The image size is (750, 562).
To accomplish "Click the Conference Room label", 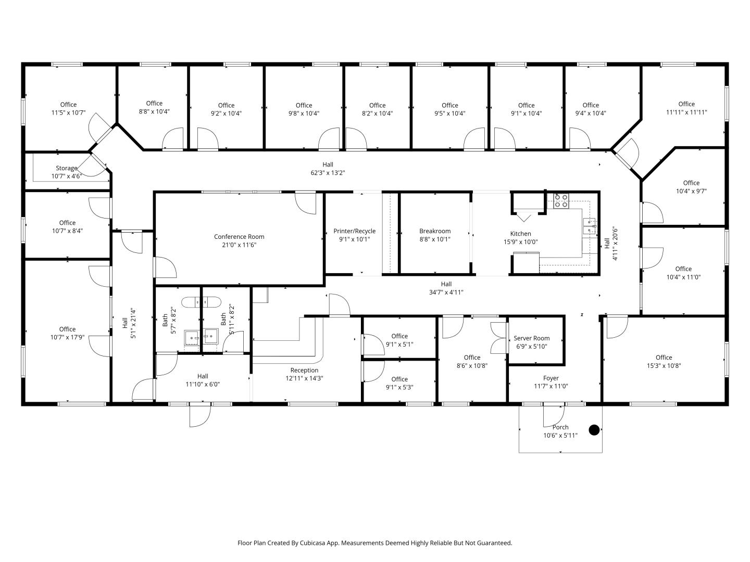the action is click(239, 236).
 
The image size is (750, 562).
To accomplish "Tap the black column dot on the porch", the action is click(594, 430).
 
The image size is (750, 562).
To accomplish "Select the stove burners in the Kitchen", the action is click(561, 201).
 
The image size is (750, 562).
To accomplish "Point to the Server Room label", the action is click(531, 338).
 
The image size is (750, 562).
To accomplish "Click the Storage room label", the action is click(66, 168).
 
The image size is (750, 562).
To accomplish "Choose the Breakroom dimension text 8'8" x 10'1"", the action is click(434, 239).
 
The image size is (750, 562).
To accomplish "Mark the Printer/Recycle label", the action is click(354, 231).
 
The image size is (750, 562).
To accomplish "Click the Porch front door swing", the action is click(554, 416).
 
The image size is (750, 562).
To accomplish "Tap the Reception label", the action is click(304, 370).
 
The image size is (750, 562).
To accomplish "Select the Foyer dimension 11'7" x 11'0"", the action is click(551, 386).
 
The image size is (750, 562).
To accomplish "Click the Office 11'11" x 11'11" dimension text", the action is click(686, 112).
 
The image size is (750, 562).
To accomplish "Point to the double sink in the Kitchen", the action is click(589, 226).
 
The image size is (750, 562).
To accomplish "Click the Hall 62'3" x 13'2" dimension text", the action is click(328, 173).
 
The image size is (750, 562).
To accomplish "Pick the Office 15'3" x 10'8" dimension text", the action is click(664, 366).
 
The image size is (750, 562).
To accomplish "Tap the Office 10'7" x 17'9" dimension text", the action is click(67, 338).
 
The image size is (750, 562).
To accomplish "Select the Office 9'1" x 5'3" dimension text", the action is click(399, 387).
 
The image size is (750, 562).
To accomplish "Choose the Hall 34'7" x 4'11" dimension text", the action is click(446, 292).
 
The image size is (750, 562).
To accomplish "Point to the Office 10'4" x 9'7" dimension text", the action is click(691, 191).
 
